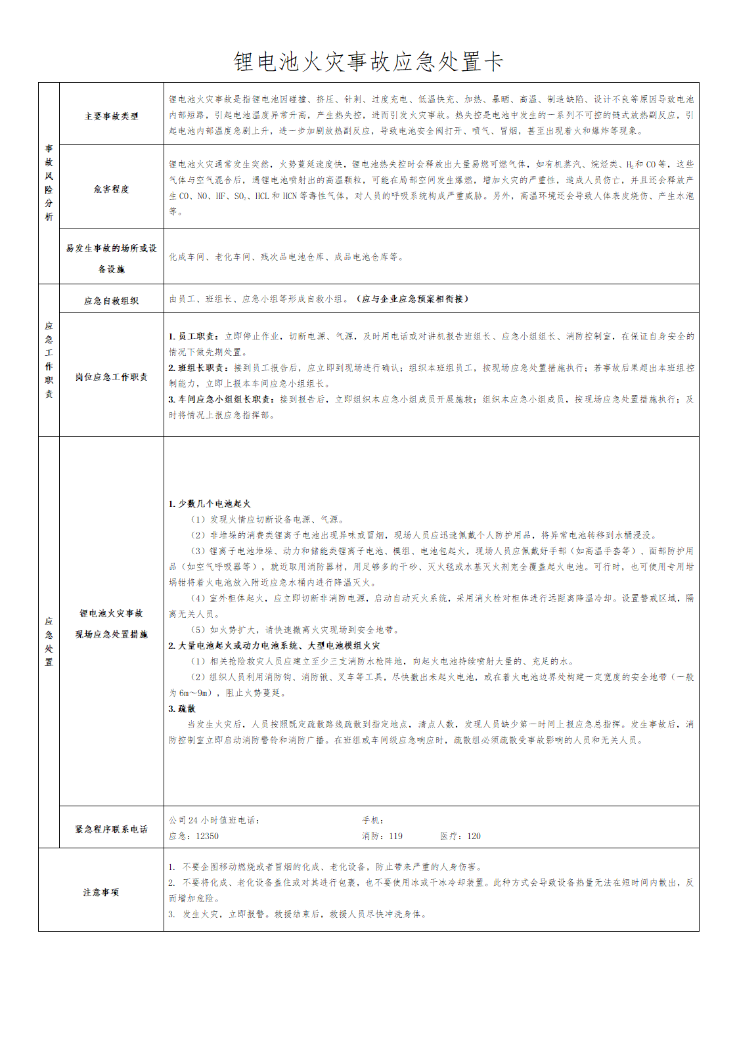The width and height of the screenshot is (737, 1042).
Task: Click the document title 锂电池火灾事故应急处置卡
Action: pos(368,62)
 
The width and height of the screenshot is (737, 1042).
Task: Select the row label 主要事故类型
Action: pos(112,116)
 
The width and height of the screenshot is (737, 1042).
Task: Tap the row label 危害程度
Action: pos(112,189)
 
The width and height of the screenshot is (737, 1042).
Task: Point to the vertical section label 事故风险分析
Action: pos(49,183)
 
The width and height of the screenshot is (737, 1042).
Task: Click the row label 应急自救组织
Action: pos(112,301)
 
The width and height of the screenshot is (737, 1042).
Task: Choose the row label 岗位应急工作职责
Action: pos(112,377)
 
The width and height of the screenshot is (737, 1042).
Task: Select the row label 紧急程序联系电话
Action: pos(112,829)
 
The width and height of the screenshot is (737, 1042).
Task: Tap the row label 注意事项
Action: pos(101,892)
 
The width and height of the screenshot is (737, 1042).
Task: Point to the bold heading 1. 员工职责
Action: pos(195,336)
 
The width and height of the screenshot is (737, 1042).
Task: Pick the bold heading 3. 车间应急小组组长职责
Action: pos(222,399)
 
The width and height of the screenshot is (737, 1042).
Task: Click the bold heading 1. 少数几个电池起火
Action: pos(210,504)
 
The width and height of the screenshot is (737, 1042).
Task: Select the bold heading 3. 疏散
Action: pos(182,708)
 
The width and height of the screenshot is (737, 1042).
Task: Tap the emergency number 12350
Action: pos(208,836)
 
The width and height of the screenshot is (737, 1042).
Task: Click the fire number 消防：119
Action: pos(382,836)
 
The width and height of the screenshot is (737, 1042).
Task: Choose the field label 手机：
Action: pos(373,820)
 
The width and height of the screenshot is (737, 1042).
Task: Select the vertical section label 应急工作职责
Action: pos(49,360)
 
